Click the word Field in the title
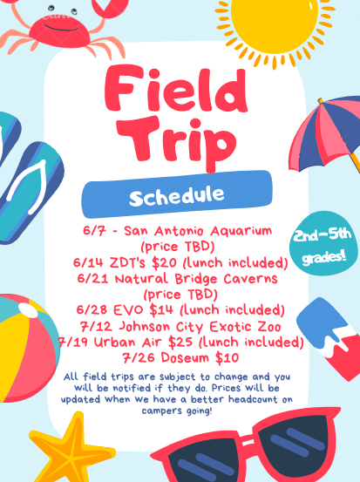point(176,90)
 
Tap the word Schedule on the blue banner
point(177,195)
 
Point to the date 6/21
point(92,279)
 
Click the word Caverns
point(250,279)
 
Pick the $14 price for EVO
point(161,310)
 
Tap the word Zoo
point(269,327)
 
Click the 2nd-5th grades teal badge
point(323,243)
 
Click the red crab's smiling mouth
point(61,29)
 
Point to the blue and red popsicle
point(329,338)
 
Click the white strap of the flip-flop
point(28,187)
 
